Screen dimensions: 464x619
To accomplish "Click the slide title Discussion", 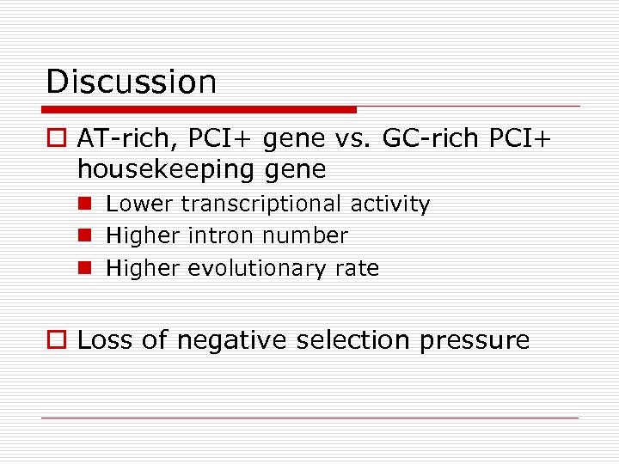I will pyautogui.click(x=131, y=82).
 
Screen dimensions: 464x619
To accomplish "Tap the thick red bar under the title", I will pyautogui.click(x=199, y=110).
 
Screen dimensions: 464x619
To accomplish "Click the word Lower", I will pyautogui.click(x=138, y=204).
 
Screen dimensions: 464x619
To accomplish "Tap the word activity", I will pyautogui.click(x=389, y=205).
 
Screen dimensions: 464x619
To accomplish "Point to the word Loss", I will pyautogui.click(x=106, y=340).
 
